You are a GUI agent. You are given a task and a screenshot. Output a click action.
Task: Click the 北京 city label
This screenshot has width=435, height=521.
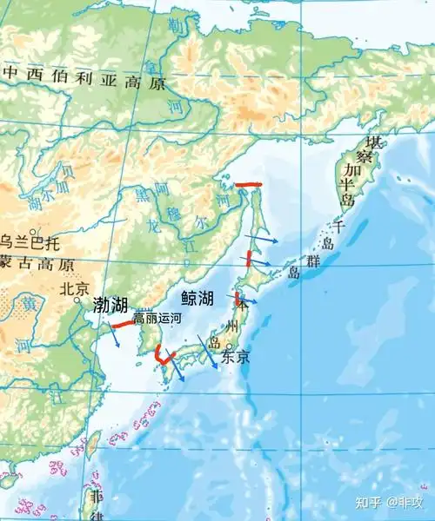tap(75, 288)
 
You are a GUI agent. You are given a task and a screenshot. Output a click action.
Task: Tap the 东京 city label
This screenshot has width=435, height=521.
tap(236, 357)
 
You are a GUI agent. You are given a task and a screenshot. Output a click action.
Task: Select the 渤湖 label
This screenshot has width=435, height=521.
tap(110, 305)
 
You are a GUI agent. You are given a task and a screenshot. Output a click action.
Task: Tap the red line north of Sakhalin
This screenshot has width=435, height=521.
tap(249, 184)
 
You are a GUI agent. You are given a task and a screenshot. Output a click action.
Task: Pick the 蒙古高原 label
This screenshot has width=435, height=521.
tap(37, 264)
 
